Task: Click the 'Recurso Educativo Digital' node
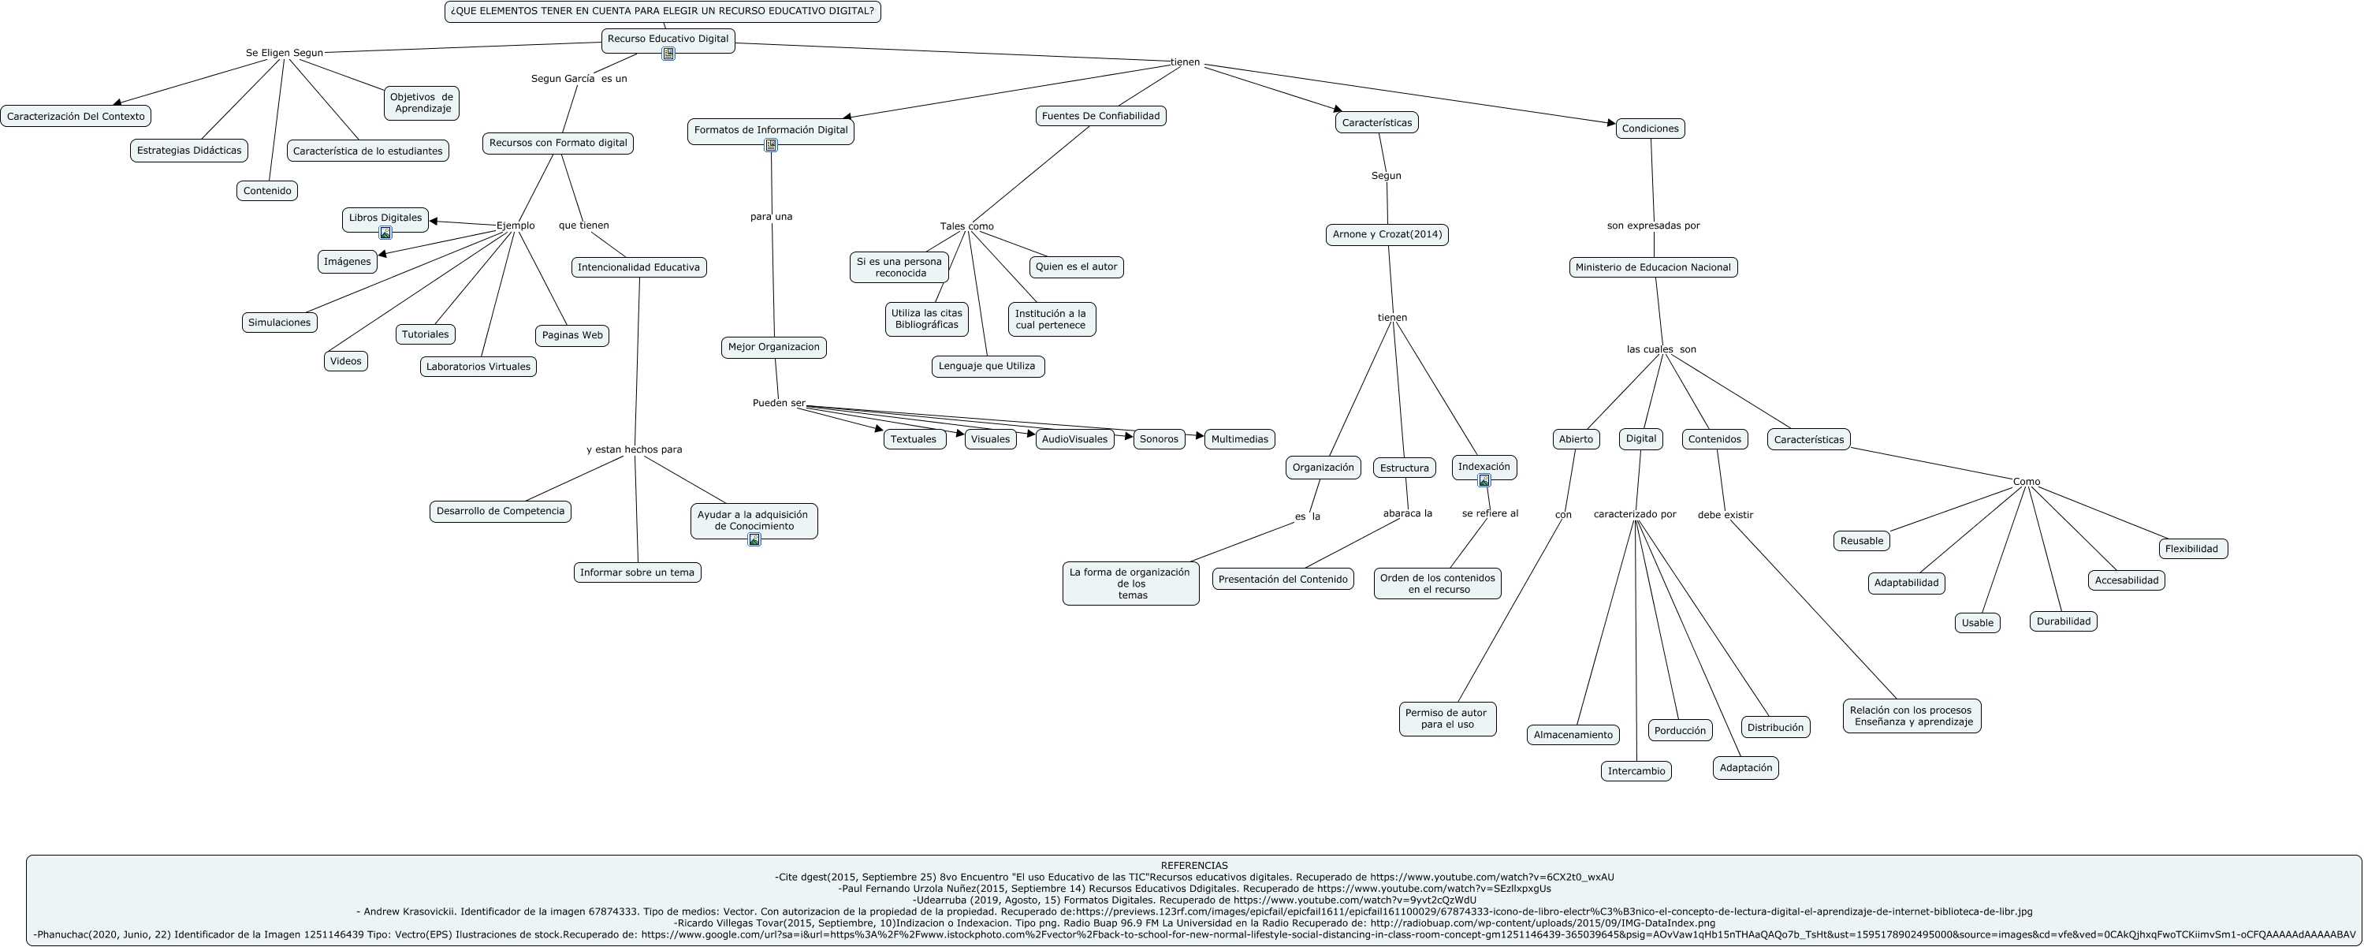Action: [x=668, y=39]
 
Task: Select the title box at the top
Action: [x=663, y=11]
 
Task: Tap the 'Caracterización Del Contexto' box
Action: [x=75, y=117]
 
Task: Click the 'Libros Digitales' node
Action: [x=385, y=218]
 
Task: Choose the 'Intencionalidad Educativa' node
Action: [x=638, y=267]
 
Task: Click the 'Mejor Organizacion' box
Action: [x=773, y=347]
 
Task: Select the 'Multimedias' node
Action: [x=1239, y=439]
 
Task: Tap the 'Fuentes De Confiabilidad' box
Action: [x=1100, y=116]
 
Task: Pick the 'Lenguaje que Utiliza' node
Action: [x=988, y=366]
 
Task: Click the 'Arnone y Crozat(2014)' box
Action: [x=1387, y=234]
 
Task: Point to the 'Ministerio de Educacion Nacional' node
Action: [x=1653, y=267]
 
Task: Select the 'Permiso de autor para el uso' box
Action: [x=1447, y=718]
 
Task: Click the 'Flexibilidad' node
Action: [x=2191, y=549]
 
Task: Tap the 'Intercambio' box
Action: [x=1636, y=771]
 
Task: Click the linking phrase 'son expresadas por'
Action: [x=1653, y=225]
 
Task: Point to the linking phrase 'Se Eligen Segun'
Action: [x=285, y=53]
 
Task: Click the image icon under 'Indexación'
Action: [x=1484, y=480]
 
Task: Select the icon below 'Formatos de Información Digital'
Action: [x=771, y=145]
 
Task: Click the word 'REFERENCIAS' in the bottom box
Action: [x=1194, y=865]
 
